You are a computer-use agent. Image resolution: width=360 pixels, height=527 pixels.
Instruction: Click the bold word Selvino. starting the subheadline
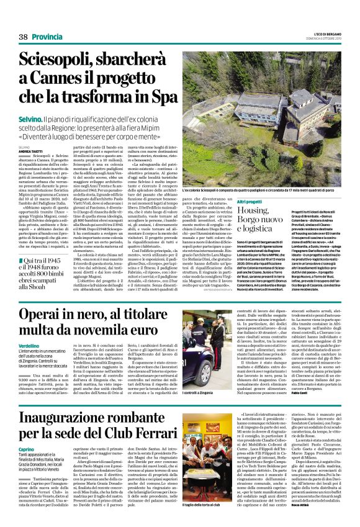point(29,117)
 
